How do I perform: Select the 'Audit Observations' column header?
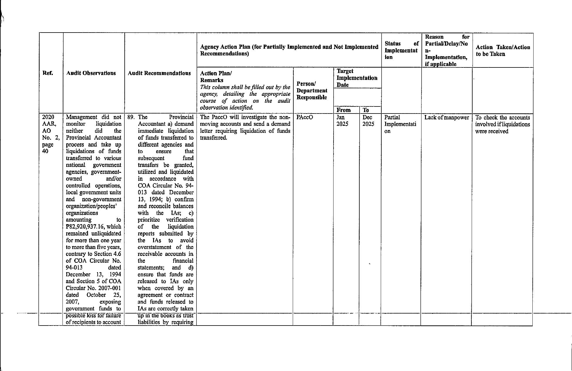pos(91,73)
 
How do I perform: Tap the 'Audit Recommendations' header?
pos(159,73)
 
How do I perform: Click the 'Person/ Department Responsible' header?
pos(312,91)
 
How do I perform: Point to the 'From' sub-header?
pos(343,110)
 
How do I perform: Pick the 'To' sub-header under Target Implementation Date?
pos(366,110)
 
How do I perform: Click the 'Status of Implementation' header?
pos(401,50)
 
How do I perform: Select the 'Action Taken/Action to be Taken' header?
pos(503,50)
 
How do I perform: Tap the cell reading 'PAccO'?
pos(305,117)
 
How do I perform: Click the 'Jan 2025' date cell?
pos(342,121)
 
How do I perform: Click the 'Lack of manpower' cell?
pos(446,118)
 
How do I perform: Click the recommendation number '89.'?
pos(131,117)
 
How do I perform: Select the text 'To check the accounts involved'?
pos(502,121)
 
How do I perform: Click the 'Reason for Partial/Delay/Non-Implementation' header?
pos(446,50)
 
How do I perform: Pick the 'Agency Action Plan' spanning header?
pos(289,50)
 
